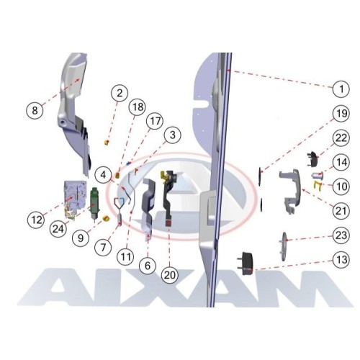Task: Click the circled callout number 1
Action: (341, 89)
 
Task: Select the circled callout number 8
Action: (35, 110)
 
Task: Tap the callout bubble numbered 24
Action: (58, 229)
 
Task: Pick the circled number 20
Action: (170, 275)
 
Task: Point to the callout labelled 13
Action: (341, 260)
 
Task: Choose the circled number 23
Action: (341, 235)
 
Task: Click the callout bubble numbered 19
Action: (341, 113)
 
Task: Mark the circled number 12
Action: (37, 220)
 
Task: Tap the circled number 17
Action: (155, 121)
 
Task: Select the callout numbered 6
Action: (148, 266)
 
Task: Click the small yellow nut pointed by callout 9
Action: (106, 218)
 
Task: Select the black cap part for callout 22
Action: (312, 158)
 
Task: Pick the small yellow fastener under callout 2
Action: (107, 143)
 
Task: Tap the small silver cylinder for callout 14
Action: (318, 176)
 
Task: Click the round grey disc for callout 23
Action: (284, 246)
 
